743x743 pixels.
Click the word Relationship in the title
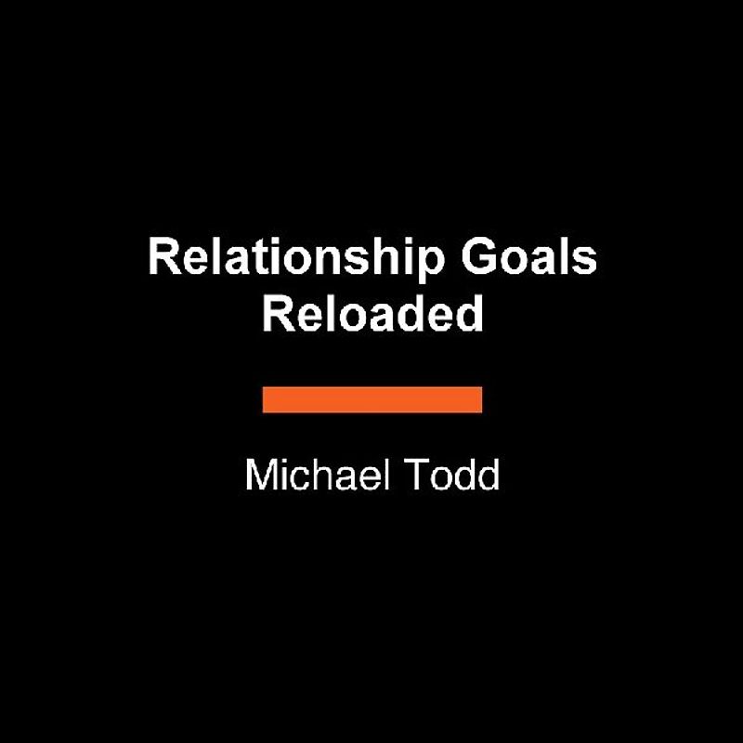pos(295,259)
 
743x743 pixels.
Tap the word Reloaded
pos(372,315)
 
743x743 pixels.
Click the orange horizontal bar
pos(372,399)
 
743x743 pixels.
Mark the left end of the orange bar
pos(266,399)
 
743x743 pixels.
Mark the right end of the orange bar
pos(479,399)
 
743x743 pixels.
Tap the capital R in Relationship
pos(162,257)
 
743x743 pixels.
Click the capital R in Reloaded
pos(276,314)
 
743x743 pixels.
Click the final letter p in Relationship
pos(432,264)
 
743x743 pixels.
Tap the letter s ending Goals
pos(586,261)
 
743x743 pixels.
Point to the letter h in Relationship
pos(381,258)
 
